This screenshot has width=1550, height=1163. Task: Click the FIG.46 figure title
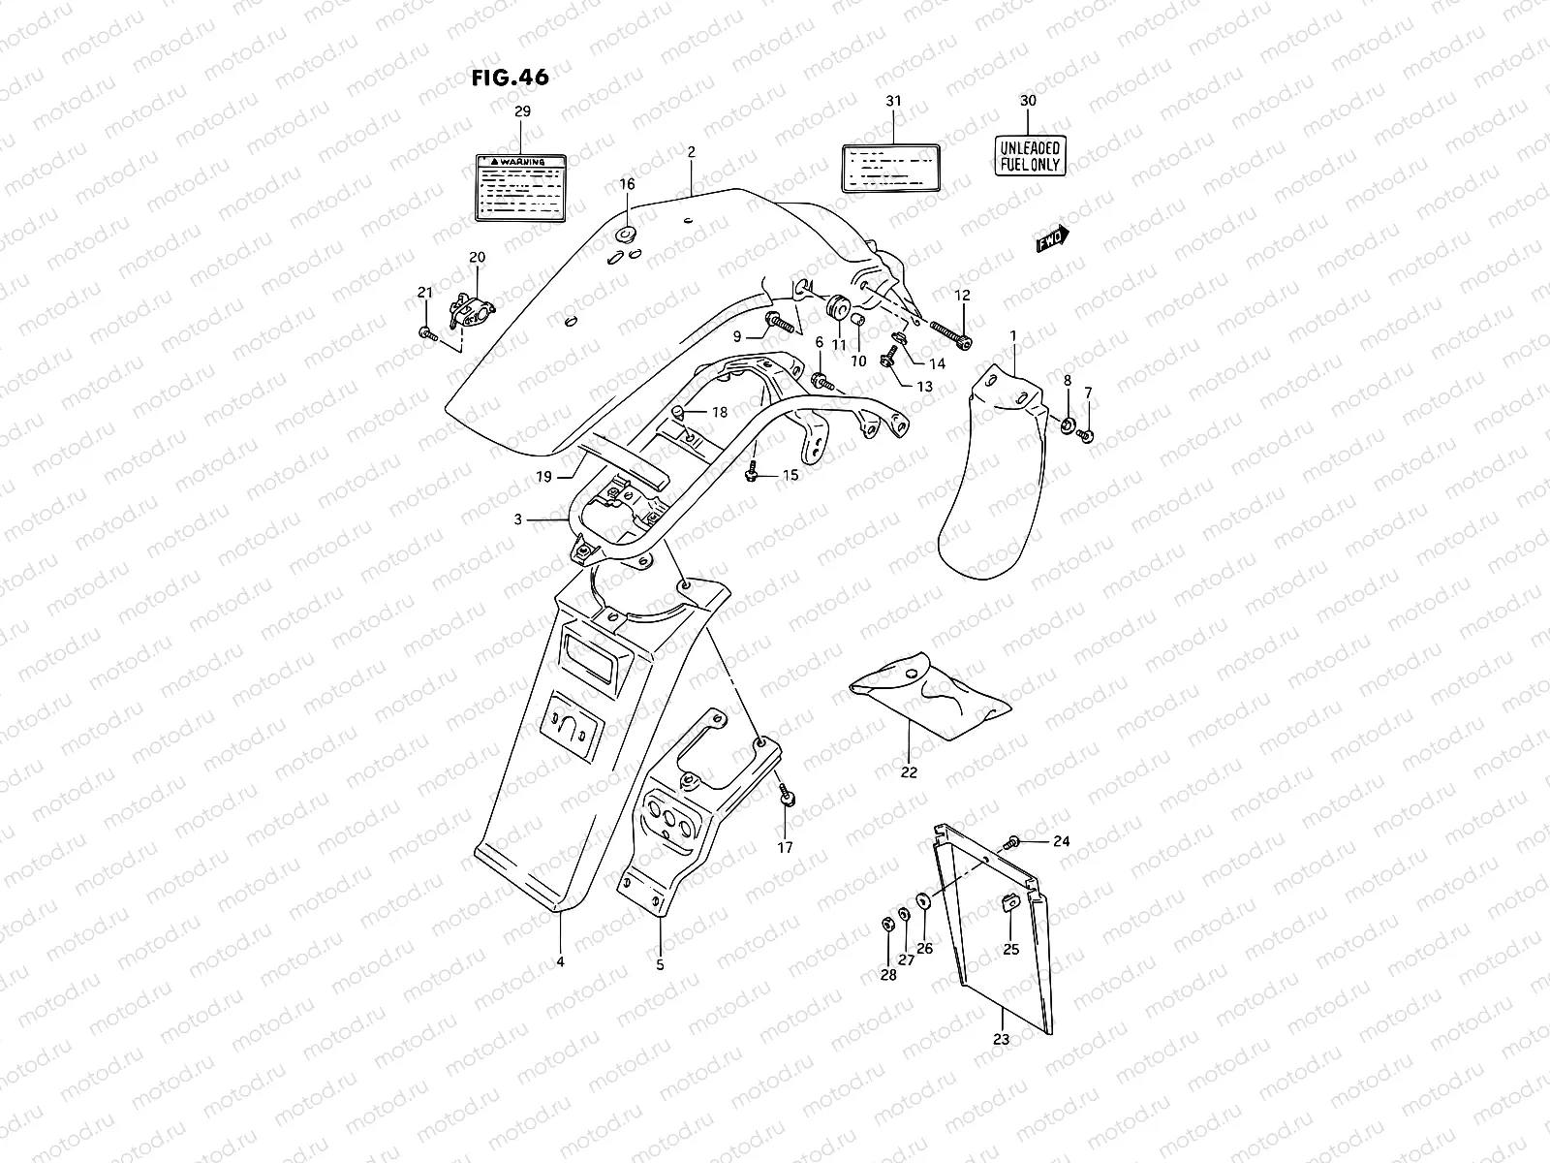[x=510, y=78]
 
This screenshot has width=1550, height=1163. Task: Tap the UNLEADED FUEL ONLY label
[x=1030, y=156]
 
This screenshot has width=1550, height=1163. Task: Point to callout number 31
[x=892, y=101]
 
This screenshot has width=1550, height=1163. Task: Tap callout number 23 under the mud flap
[x=1001, y=1039]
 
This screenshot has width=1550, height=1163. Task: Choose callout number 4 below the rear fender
[x=560, y=962]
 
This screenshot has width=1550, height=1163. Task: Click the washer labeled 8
[x=1067, y=425]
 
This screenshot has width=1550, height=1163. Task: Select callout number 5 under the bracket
[x=660, y=964]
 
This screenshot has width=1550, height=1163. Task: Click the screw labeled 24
[x=1013, y=841]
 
